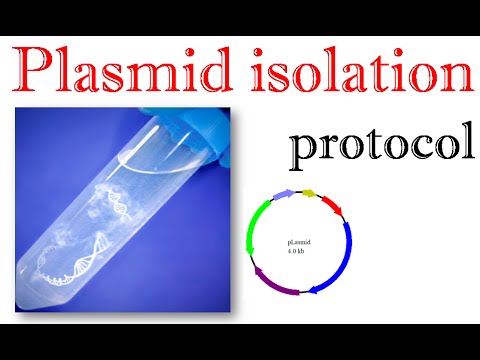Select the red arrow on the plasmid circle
[332, 206]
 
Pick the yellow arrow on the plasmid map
[309, 192]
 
